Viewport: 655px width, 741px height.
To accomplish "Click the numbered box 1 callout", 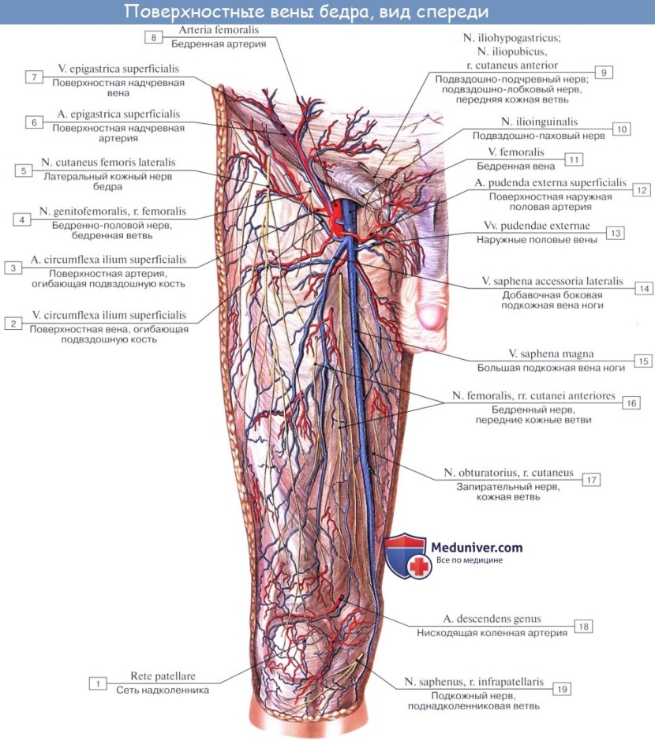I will (97, 683).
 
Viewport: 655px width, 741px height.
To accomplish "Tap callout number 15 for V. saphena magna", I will (643, 361).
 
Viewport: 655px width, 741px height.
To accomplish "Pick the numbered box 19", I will (560, 688).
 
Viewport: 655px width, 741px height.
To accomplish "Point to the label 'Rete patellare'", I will (163, 676).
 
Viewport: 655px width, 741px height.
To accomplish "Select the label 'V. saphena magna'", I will (551, 354).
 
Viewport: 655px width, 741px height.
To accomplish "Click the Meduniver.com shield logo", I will (408, 555).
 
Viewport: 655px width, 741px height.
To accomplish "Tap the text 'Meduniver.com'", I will (476, 547).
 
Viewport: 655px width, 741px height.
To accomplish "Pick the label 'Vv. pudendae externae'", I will (541, 226).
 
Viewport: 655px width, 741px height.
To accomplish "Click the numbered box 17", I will (589, 479).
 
